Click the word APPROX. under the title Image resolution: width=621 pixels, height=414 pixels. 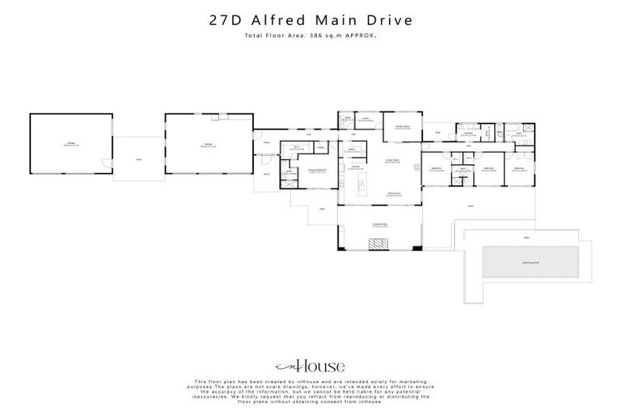(358, 36)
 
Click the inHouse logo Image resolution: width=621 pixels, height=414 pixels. (310, 365)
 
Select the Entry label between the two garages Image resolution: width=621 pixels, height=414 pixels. (138, 159)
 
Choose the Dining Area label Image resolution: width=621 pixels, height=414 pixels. (394, 194)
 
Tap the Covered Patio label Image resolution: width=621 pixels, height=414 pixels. (378, 224)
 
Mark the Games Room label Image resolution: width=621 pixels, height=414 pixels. (402, 127)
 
